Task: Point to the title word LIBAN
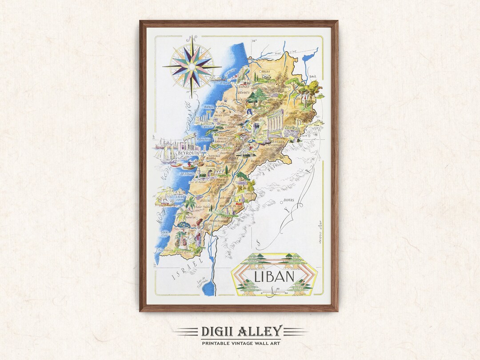274,276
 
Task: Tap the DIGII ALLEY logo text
241,331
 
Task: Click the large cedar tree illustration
255,96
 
